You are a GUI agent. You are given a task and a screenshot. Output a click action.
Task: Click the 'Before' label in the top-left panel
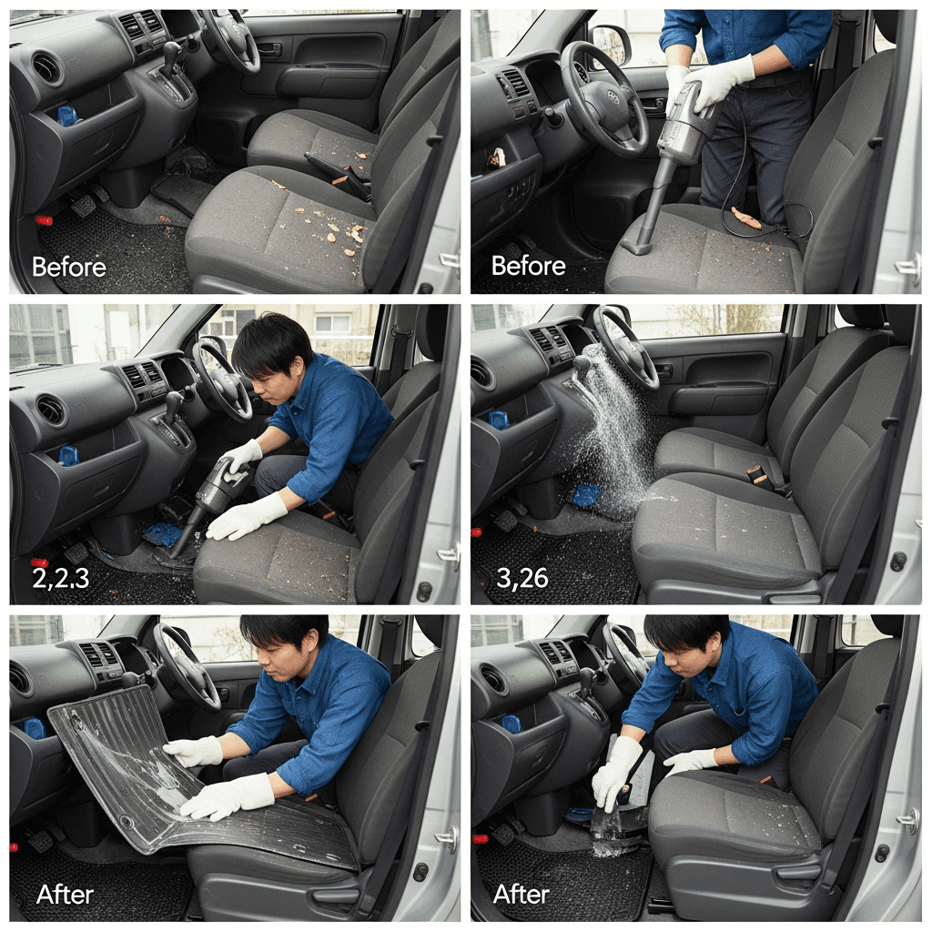69,267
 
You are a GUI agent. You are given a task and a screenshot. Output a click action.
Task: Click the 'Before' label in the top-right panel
529,266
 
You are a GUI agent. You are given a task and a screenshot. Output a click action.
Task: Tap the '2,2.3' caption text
61,578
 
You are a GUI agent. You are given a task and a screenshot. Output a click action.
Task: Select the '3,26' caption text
522,578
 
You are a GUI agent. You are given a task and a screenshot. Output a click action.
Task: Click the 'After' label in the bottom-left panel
65,895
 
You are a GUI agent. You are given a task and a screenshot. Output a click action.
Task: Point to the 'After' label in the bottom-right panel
522,894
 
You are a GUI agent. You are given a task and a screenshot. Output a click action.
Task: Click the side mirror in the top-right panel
611,46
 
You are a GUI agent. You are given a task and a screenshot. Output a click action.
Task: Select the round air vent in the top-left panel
47,67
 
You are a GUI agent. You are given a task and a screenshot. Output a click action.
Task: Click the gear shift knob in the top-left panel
171,52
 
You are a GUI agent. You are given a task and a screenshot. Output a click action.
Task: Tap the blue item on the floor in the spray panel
586,495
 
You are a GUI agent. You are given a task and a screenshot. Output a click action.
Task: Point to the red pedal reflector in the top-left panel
44,220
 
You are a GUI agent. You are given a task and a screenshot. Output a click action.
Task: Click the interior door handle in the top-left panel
269,49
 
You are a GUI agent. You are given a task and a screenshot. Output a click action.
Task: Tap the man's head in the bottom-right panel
687,647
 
